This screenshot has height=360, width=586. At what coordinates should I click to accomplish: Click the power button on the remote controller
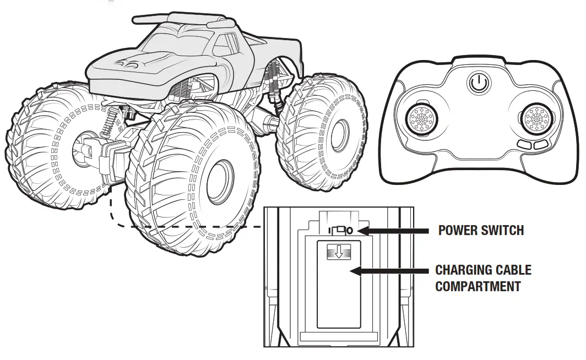pyautogui.click(x=479, y=84)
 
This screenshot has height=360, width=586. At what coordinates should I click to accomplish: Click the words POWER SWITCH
pyautogui.click(x=481, y=230)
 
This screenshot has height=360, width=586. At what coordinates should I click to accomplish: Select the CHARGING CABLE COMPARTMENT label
pyautogui.click(x=483, y=278)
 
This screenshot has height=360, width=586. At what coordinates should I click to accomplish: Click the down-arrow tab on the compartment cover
pyautogui.click(x=338, y=253)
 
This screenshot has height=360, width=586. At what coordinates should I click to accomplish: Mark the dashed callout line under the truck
pyautogui.click(x=165, y=226)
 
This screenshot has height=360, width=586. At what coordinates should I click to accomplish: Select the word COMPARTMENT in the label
pyautogui.click(x=478, y=286)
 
